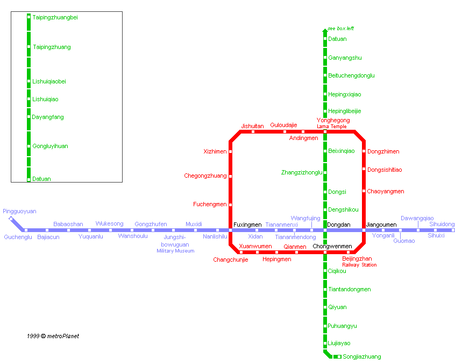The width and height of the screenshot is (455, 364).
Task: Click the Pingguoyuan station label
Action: (19, 212)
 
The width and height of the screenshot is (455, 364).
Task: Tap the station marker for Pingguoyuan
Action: (11, 219)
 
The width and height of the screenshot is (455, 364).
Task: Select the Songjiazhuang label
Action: (361, 356)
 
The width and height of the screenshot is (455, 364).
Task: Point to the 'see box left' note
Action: (341, 29)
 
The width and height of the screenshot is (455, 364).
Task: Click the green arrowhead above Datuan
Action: (325, 30)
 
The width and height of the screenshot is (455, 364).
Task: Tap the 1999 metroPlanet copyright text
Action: (53, 336)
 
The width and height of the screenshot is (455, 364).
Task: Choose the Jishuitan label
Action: (252, 126)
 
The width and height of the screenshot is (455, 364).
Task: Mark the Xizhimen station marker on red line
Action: (231, 152)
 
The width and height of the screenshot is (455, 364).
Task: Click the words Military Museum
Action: (175, 251)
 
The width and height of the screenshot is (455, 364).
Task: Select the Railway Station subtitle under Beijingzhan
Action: (359, 265)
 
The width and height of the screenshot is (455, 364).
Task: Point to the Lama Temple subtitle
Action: (332, 127)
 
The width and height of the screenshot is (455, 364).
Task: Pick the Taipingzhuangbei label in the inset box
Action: (55, 17)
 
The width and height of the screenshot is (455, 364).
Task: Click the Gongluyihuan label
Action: (50, 146)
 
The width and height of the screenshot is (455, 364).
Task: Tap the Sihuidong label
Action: (442, 224)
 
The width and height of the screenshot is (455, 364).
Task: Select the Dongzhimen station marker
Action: (364, 151)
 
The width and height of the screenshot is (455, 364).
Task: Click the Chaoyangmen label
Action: (386, 191)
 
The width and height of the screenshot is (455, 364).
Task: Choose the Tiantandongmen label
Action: (350, 289)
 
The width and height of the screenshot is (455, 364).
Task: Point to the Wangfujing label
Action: (305, 219)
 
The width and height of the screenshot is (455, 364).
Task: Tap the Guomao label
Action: (404, 241)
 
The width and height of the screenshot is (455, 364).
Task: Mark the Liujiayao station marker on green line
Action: (325, 343)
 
